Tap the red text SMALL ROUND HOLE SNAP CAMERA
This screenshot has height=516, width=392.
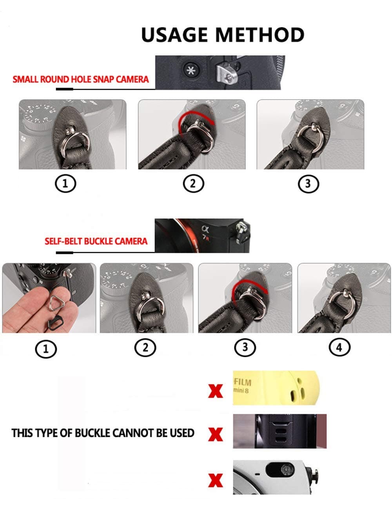pos(81,79)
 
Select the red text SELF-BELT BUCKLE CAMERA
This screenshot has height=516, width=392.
pos(96,241)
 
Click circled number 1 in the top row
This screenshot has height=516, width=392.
pos(65,183)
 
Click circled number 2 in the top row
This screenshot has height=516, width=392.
pos(193,183)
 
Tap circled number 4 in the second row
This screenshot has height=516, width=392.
pos(339,347)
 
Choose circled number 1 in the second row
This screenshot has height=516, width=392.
pos(46,349)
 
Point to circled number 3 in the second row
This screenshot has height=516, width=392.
pos(245,347)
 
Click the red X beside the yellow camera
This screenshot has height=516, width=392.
pos(215,391)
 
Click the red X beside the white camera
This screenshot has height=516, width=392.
pos(215,480)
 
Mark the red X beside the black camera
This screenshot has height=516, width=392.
pos(215,434)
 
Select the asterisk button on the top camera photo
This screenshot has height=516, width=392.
pos(191,71)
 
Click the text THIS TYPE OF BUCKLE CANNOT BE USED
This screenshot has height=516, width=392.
pos(103,433)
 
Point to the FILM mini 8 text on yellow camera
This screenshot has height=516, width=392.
pos(242,385)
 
